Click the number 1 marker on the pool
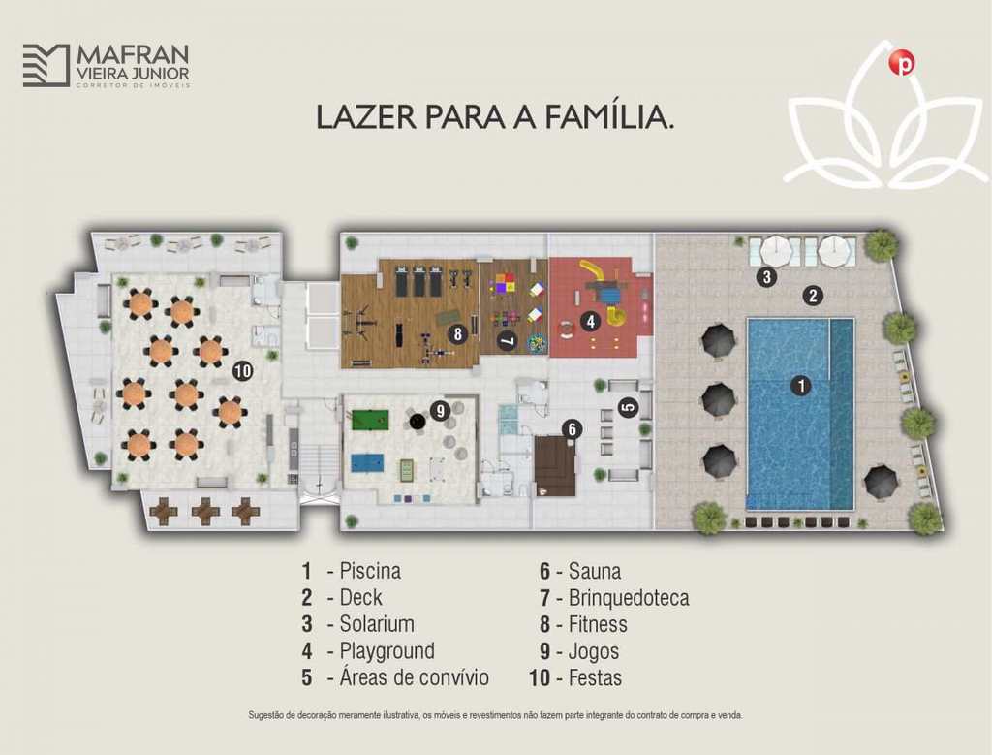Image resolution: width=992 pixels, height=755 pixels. tap(801, 386)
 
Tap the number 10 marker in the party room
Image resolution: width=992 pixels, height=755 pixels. tap(243, 371)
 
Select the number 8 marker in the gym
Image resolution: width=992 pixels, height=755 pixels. tap(458, 333)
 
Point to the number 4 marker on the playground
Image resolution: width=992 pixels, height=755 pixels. tap(590, 322)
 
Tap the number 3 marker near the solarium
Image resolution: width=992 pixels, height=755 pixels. tap(767, 276)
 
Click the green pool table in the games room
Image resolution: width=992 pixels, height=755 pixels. tap(364, 420)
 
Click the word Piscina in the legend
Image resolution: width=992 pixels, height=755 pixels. tap(370, 571)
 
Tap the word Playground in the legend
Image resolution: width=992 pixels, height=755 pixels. tap(387, 650)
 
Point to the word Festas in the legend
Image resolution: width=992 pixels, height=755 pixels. tap(595, 677)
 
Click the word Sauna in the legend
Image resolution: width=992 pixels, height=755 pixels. tap(594, 571)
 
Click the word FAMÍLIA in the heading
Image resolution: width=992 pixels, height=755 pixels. tap(609, 117)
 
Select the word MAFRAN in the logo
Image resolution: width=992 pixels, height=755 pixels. tap(133, 54)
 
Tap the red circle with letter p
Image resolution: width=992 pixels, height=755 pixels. tap(902, 63)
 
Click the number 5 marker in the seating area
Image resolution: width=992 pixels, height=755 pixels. tap(628, 407)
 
